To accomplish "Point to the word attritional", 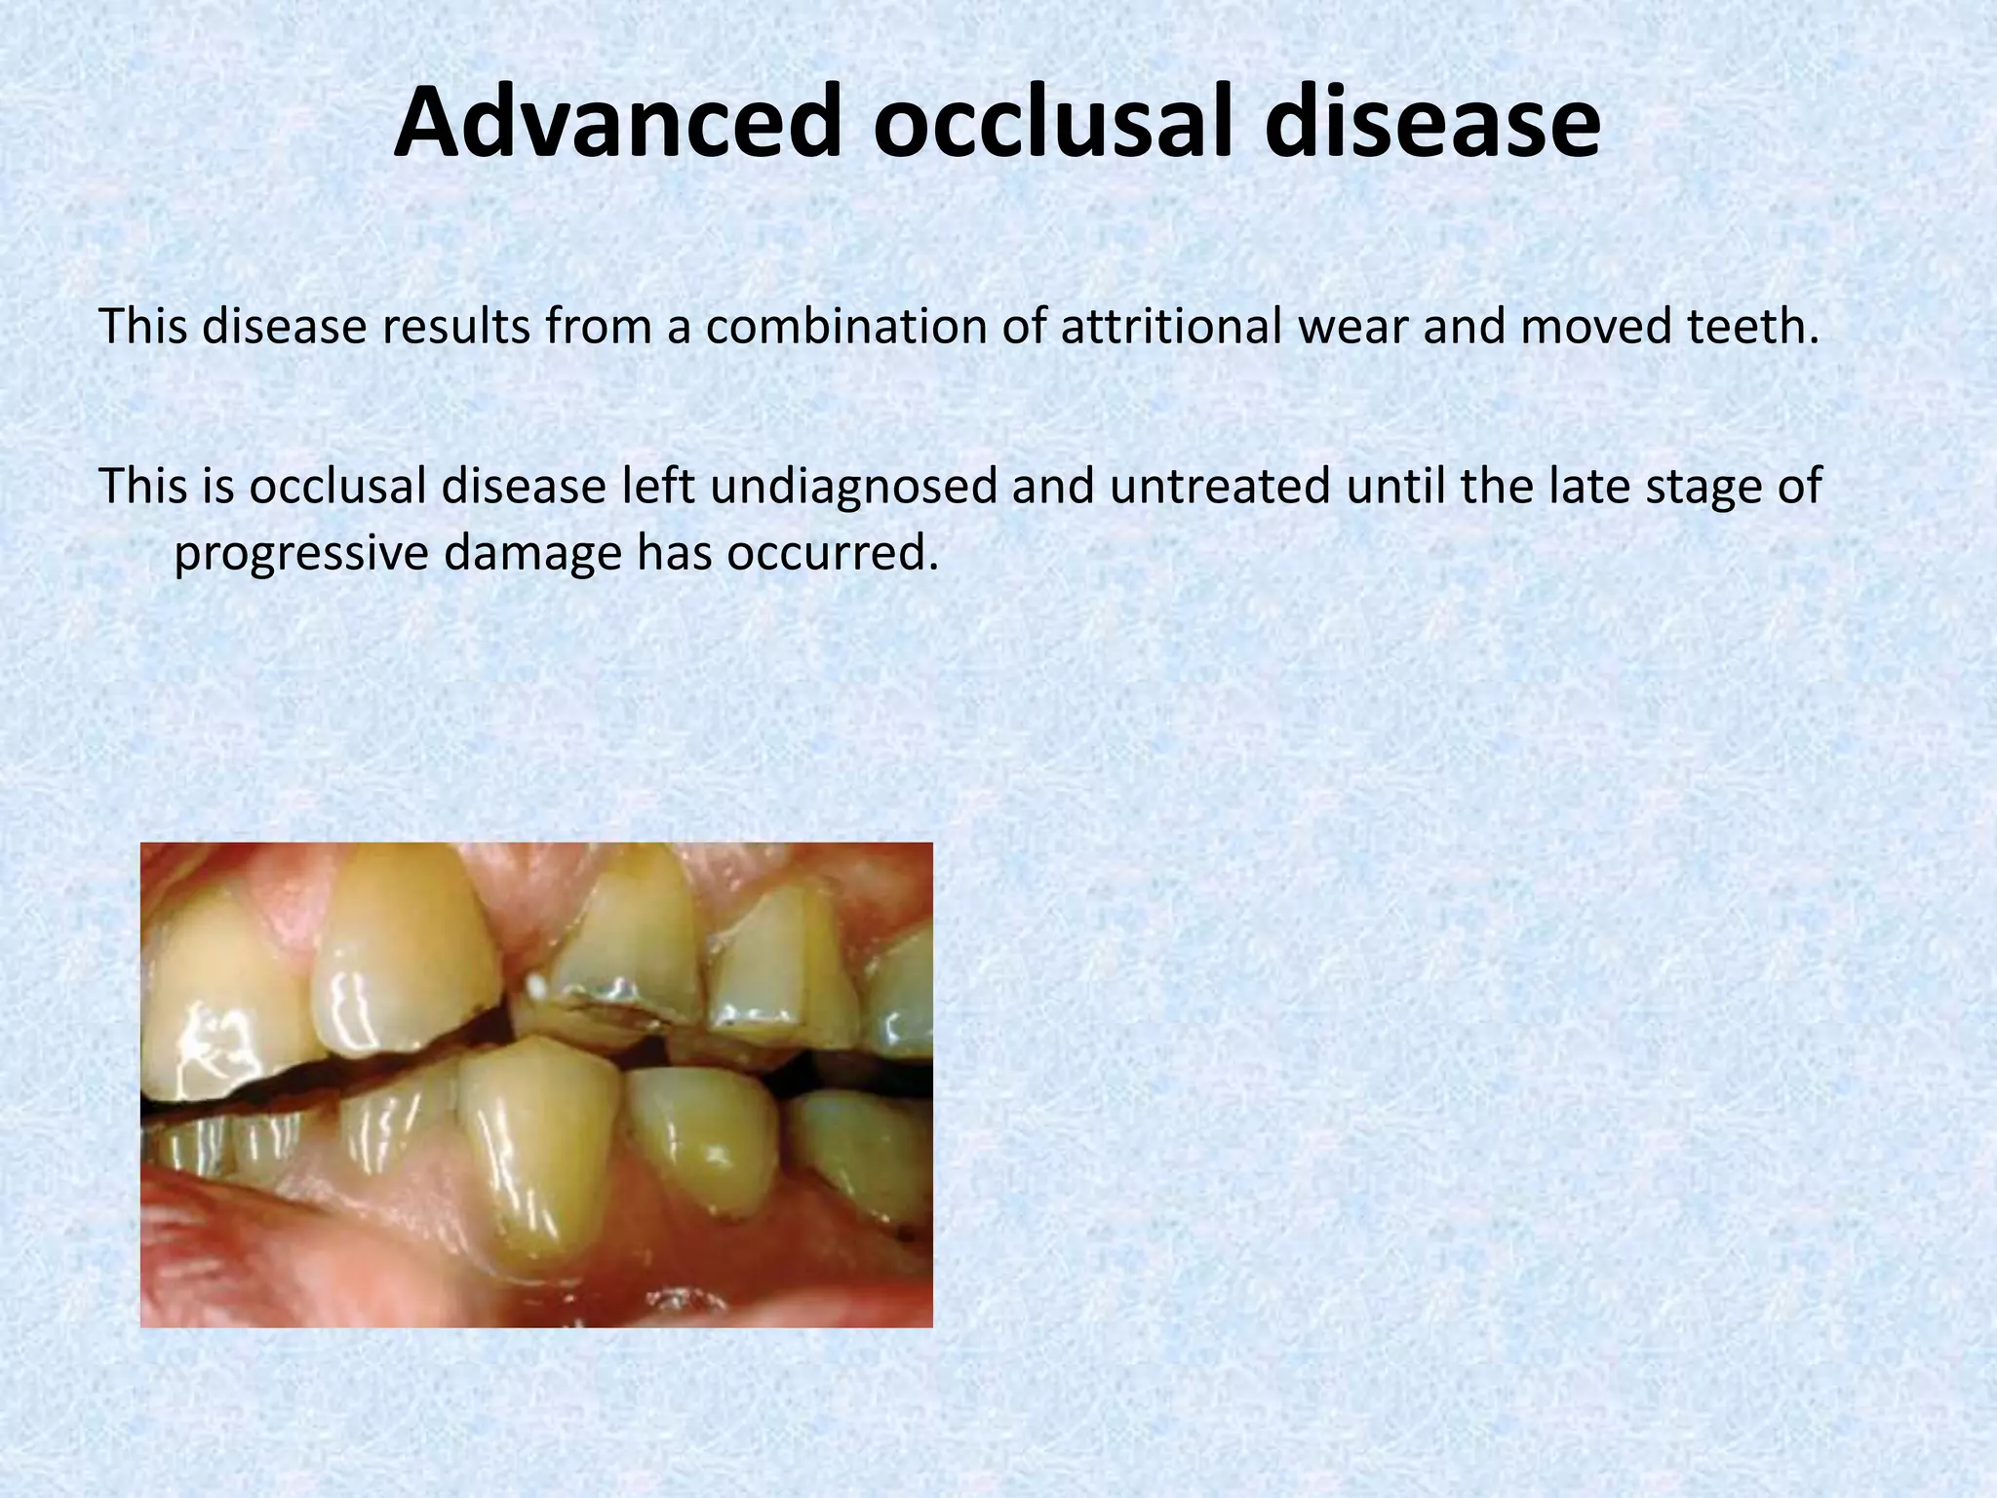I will [1170, 328].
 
